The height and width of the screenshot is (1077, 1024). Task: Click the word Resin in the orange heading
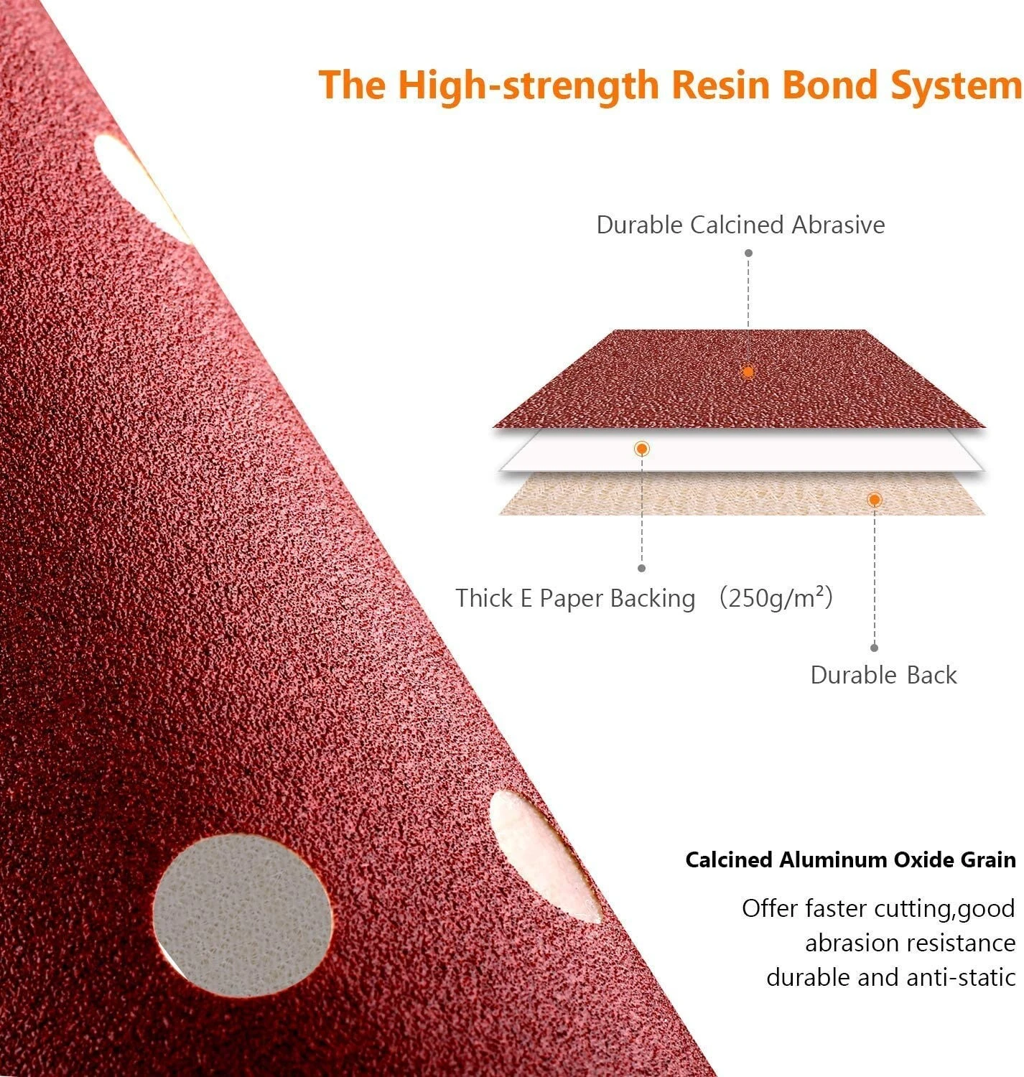(721, 85)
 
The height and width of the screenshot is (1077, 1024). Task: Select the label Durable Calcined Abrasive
(740, 225)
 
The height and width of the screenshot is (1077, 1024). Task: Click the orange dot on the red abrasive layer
(748, 372)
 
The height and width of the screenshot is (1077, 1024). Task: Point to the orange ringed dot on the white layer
(641, 449)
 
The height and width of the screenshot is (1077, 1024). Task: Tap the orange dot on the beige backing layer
(875, 499)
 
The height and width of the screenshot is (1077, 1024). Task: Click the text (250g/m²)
(776, 597)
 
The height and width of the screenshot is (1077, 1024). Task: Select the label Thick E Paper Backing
(575, 597)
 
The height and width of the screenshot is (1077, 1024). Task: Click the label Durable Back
(883, 675)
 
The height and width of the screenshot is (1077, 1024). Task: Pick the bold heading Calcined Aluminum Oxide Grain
(850, 859)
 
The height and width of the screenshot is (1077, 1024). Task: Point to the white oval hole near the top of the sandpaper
(142, 189)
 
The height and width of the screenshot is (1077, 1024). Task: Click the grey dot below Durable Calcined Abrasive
(748, 253)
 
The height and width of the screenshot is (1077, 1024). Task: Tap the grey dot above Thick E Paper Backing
(641, 568)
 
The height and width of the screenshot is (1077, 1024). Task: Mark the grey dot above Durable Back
(875, 648)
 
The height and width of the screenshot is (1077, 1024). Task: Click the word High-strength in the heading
(529, 86)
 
